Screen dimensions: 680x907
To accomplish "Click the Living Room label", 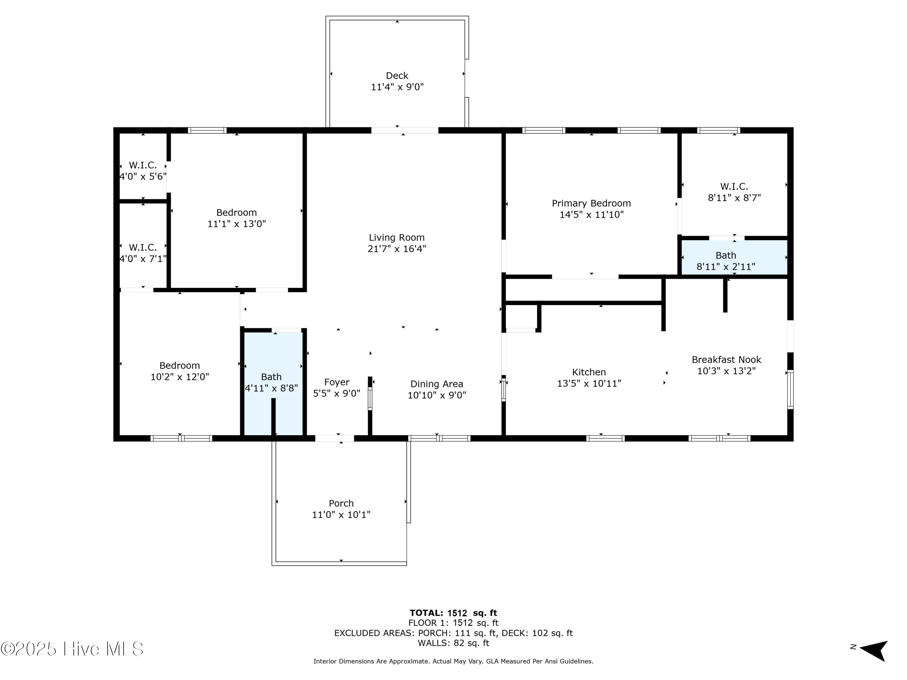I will click(x=396, y=237).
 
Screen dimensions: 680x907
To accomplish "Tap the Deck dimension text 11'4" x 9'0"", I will click(x=397, y=87).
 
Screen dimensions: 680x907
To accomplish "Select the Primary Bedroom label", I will click(x=591, y=203).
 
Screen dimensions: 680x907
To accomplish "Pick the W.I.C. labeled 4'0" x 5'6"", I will click(x=143, y=170).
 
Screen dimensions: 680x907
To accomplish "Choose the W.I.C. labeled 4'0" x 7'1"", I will click(x=143, y=253).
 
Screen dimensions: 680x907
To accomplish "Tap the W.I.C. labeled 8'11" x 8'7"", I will click(x=734, y=192).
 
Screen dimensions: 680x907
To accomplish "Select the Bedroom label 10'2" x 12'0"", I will click(x=180, y=371).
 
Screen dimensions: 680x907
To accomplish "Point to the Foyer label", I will click(x=336, y=382).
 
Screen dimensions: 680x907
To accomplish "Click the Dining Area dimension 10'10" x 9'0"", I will click(x=437, y=395).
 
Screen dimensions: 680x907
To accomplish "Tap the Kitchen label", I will click(x=589, y=372).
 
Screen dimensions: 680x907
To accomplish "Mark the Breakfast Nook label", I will click(x=726, y=359).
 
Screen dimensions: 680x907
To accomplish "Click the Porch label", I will click(x=341, y=503).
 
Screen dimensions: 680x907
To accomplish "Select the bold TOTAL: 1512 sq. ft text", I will click(x=453, y=613).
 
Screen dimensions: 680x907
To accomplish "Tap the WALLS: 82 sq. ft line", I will click(x=453, y=643).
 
